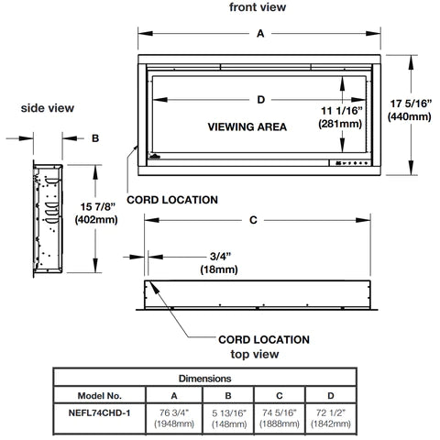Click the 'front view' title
coord(258,7)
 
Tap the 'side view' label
coord(48,108)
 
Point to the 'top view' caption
coord(255,355)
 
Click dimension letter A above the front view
coord(260,33)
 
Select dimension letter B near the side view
coord(95,138)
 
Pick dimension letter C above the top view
coord(253,220)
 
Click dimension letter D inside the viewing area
coord(260,100)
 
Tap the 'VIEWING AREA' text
coord(247,126)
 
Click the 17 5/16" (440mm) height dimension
coord(410,110)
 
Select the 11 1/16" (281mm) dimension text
coord(340,117)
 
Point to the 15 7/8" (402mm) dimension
coord(96,213)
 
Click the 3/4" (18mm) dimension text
coord(219,262)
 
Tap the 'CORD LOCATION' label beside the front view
coord(172,200)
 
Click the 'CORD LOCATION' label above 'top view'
coord(264,339)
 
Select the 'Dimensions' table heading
coord(204,379)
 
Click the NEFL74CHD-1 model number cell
coord(99,413)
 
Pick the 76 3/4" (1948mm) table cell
coord(174,418)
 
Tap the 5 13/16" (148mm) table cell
coord(229,418)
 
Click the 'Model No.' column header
coord(100,396)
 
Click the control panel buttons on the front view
coord(351,163)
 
